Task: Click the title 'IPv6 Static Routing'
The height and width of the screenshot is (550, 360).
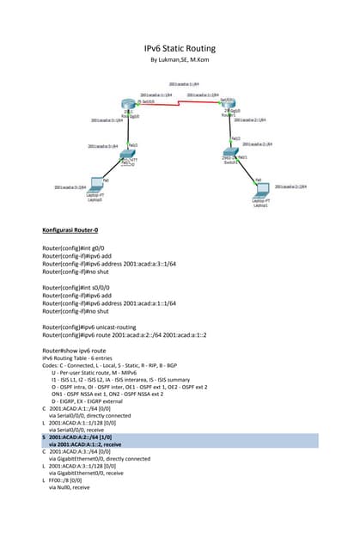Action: coord(180,49)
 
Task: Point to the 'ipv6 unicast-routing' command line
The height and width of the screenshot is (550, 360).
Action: coord(94,327)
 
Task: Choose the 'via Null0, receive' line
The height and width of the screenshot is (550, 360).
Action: coord(69,487)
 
